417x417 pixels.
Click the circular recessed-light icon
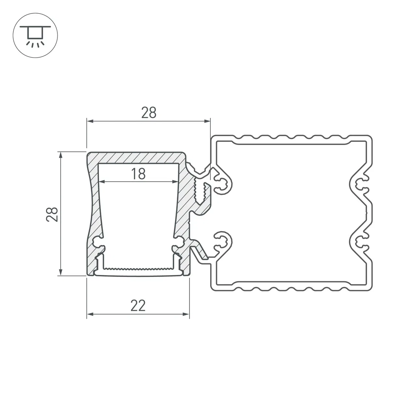click(35, 35)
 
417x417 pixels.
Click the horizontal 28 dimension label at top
click(149, 113)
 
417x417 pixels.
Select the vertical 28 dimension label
click(52, 214)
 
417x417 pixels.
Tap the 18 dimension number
click(138, 174)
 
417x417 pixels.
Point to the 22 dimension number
click(138, 306)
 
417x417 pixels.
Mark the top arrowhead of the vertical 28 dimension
click(61, 155)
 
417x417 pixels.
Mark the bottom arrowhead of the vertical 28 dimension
click(61, 272)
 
